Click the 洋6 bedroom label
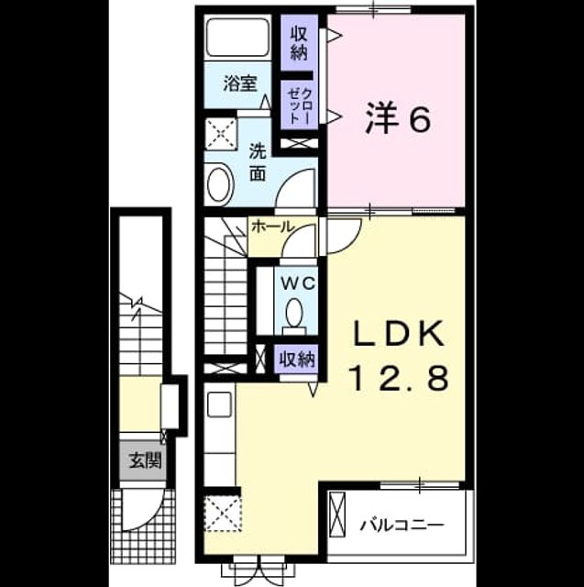[x=397, y=119]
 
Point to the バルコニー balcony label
[x=402, y=525]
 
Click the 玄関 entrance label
[x=145, y=460]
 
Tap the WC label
[x=298, y=284]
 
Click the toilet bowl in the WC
[x=294, y=312]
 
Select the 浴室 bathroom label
[x=240, y=83]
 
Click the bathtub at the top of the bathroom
[x=238, y=37]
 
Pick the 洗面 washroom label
[x=258, y=163]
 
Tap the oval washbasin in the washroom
[x=220, y=184]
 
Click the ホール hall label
[x=273, y=227]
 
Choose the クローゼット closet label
[x=299, y=106]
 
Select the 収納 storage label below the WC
[x=298, y=360]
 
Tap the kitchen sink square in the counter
[x=219, y=404]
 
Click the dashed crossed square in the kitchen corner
[x=223, y=512]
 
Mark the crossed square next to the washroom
[x=220, y=133]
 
